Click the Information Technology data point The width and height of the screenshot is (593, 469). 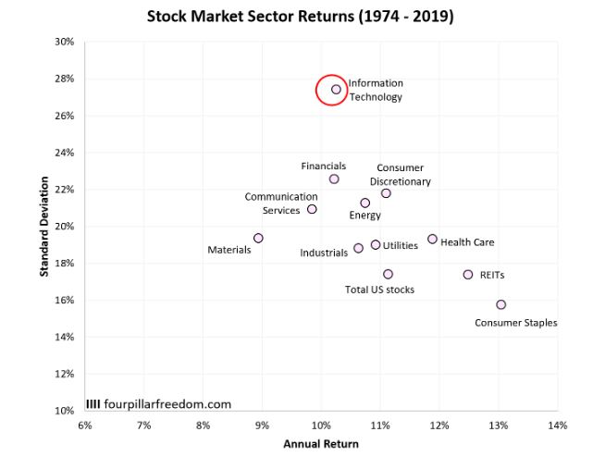(336, 90)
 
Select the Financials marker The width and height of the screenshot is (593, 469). (334, 179)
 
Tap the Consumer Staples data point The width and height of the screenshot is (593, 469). (500, 304)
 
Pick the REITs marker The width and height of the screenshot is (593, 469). (468, 275)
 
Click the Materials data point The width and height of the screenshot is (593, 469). (258, 238)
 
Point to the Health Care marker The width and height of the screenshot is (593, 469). (432, 239)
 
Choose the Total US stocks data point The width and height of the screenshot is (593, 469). (388, 274)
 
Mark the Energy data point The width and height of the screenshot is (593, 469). (364, 203)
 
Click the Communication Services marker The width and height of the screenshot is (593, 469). (312, 209)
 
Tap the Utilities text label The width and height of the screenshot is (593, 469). (401, 245)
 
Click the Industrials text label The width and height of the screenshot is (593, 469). (324, 253)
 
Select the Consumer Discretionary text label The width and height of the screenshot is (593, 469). (401, 175)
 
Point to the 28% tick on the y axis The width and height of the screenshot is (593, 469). (64, 79)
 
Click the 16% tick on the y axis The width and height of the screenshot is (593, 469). (64, 301)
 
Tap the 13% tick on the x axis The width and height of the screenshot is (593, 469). (499, 426)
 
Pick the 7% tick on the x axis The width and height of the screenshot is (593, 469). (143, 426)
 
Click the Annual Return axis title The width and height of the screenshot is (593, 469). (320, 444)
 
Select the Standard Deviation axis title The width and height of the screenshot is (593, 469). (43, 226)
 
